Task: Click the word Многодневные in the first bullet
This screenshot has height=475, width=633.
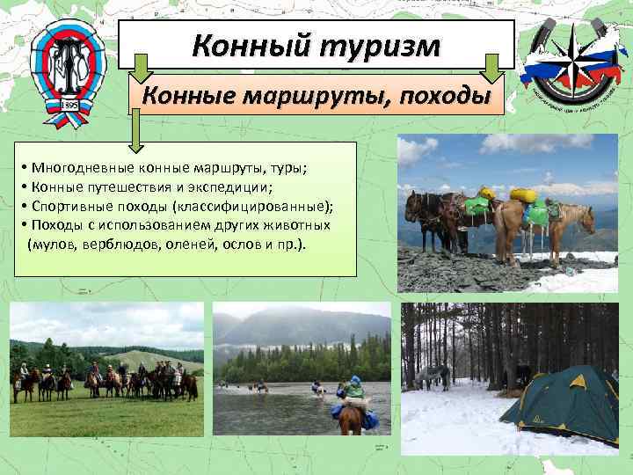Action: (77, 168)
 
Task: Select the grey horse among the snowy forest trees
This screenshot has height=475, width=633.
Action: (433, 376)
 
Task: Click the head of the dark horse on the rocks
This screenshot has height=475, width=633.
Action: (411, 205)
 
